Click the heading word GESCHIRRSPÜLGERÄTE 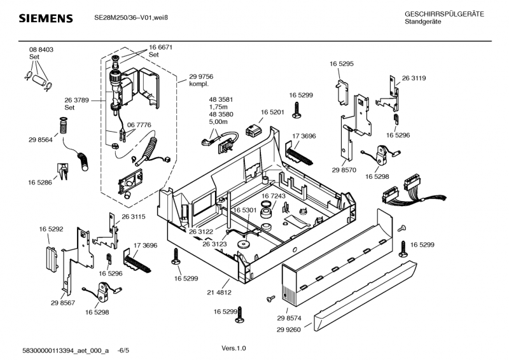coord(444,14)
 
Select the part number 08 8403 coord(41,50)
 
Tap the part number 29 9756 coord(201,76)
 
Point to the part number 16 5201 coord(272,112)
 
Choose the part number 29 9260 coord(289,329)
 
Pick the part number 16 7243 coord(274,196)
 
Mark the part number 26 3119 coord(414,78)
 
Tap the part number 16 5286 coord(39,183)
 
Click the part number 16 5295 coord(342,64)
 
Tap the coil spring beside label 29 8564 coord(63,125)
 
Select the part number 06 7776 coord(139,125)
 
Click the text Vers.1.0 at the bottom coord(234,349)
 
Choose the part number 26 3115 coord(134,217)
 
